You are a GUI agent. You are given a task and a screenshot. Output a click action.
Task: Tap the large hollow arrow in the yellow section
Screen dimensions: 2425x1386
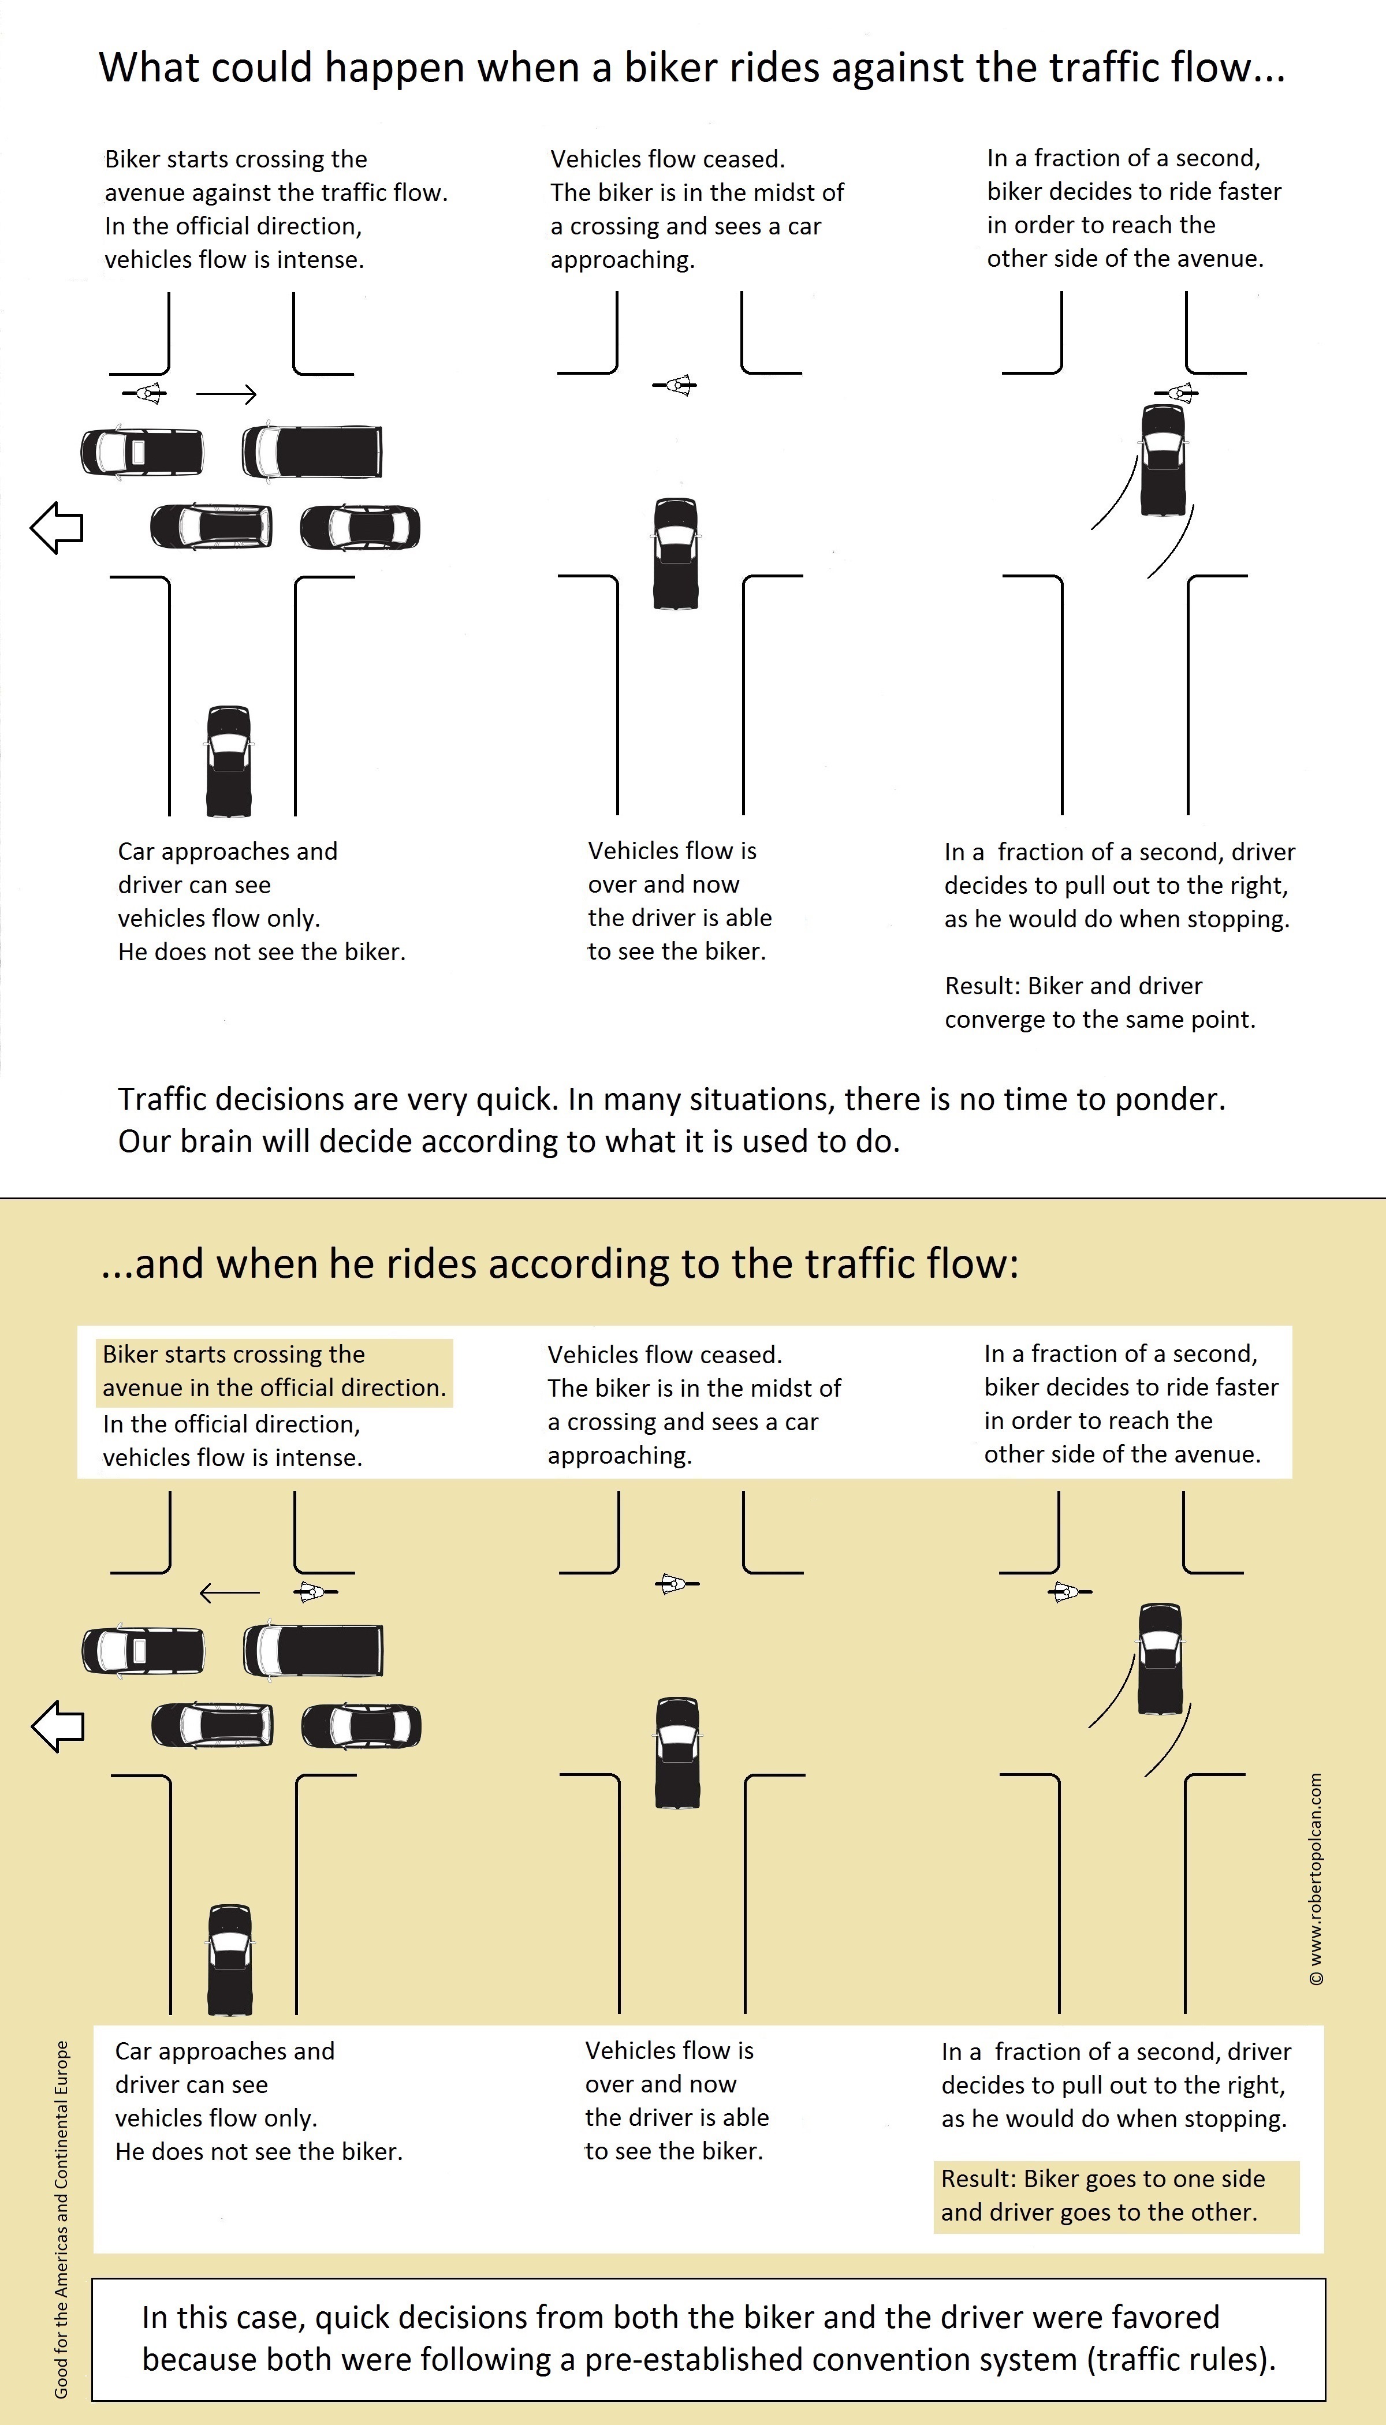58,1725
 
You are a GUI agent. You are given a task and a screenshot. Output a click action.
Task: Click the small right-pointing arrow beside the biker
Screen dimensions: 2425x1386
226,394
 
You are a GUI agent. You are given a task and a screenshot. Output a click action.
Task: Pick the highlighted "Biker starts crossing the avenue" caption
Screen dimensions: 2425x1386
274,1371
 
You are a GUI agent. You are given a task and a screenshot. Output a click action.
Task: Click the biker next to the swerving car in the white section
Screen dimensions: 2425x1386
1179,392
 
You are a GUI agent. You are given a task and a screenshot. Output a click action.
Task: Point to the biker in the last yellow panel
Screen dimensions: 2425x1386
1068,1591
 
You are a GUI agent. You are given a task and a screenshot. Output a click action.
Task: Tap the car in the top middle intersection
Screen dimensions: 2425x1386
676,554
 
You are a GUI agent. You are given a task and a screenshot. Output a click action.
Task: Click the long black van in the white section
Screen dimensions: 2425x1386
312,451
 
